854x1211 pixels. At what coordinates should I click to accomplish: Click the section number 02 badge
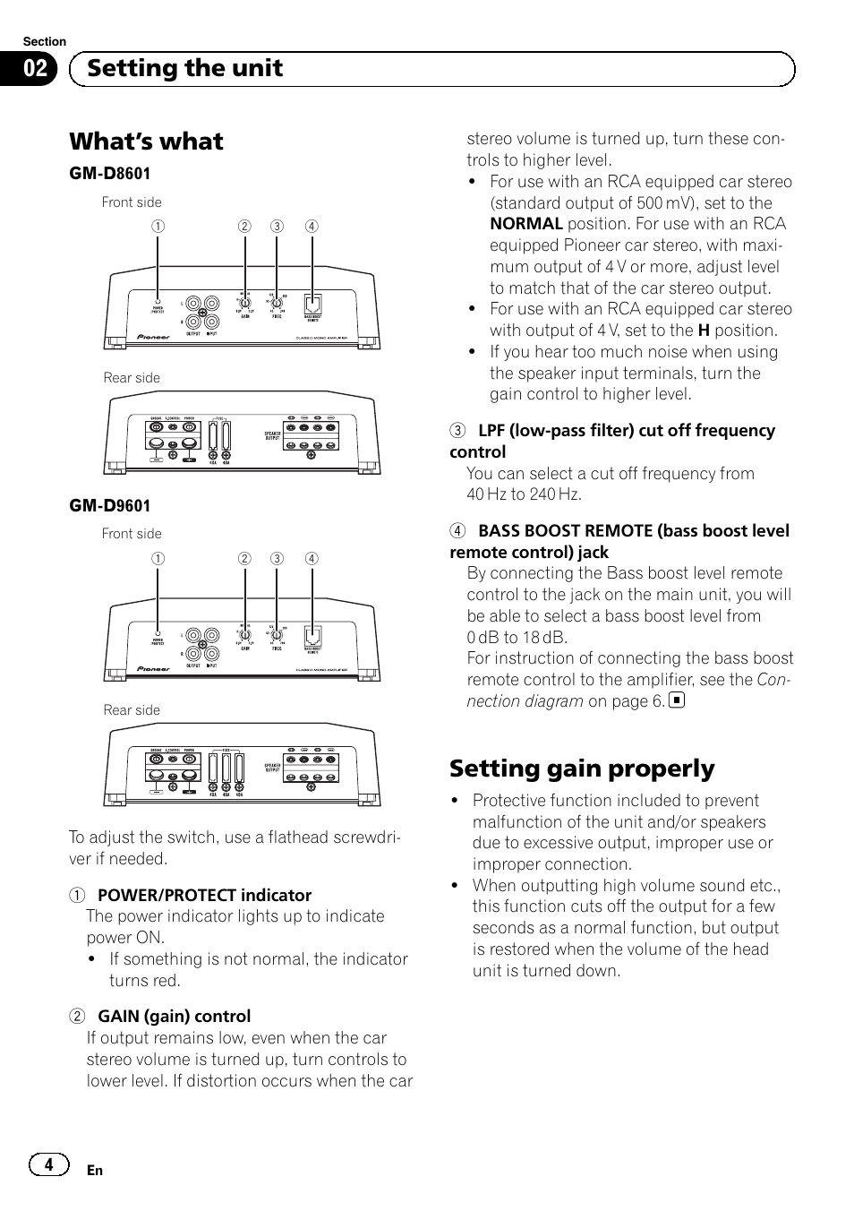point(36,69)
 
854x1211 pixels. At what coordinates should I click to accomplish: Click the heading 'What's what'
point(146,142)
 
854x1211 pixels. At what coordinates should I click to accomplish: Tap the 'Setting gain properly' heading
point(582,769)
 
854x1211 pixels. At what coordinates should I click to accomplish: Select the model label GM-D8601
point(110,174)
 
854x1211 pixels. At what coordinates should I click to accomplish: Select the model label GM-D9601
point(110,506)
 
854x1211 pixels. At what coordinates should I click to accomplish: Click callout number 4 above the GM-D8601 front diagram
point(311,227)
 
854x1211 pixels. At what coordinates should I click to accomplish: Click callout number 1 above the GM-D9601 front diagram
point(158,559)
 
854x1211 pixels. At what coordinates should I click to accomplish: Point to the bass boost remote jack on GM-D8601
point(312,302)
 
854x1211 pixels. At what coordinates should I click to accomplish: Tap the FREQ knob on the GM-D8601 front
point(277,303)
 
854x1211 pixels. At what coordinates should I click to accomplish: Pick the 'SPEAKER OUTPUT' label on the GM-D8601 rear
point(272,435)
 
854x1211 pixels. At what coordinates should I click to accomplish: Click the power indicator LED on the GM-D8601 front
point(158,302)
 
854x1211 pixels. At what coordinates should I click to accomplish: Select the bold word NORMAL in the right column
point(525,224)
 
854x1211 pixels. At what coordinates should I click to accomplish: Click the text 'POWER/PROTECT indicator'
point(204,896)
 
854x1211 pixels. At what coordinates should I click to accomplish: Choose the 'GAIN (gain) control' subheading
point(174,1017)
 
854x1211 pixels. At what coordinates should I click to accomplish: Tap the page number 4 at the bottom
point(49,1164)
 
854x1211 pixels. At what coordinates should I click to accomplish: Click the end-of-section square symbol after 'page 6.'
point(677,700)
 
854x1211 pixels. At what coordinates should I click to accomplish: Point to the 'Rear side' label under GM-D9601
point(132,710)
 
